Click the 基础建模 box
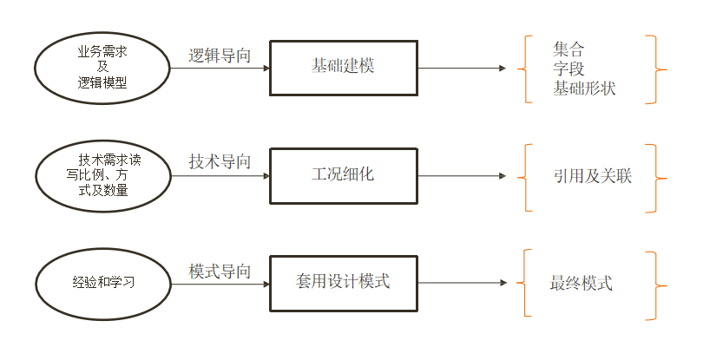(343, 68)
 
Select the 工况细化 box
(343, 175)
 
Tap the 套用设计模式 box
(343, 283)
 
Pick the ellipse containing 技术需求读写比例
(103, 175)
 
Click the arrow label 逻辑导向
(220, 56)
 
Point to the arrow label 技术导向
(220, 162)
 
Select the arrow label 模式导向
(220, 271)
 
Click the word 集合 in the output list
(569, 49)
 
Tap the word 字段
(569, 69)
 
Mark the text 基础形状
(584, 88)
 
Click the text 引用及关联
(593, 176)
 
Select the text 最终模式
(581, 284)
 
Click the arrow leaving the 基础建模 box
(460, 69)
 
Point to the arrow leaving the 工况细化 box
(460, 176)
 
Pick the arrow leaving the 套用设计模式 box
(460, 284)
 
